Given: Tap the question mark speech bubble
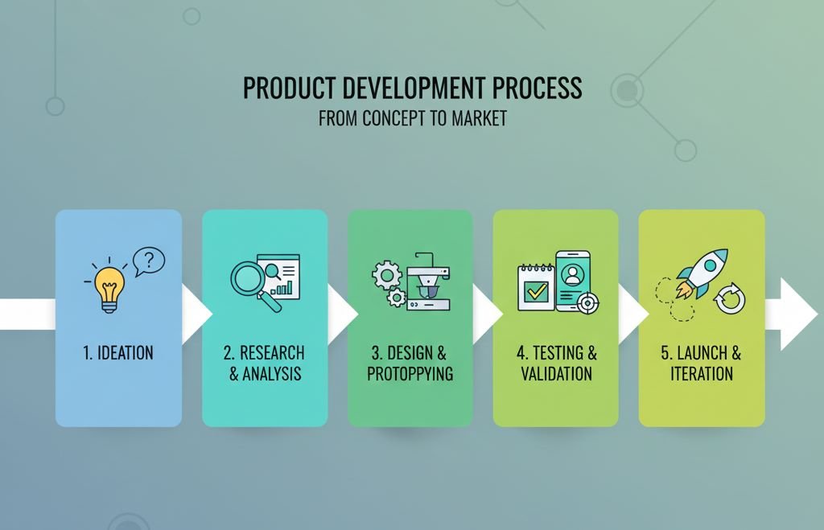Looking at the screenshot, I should pyautogui.click(x=149, y=261).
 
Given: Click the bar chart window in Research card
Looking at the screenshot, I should pyautogui.click(x=281, y=277).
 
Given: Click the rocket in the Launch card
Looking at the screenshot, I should pyautogui.click(x=702, y=273).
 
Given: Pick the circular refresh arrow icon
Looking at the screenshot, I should pyautogui.click(x=731, y=300).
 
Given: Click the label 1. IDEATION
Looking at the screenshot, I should pyautogui.click(x=118, y=353).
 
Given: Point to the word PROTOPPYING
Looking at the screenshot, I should pyautogui.click(x=410, y=374).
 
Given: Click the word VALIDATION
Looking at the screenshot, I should pyautogui.click(x=556, y=374).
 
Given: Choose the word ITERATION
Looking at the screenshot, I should pyautogui.click(x=702, y=374).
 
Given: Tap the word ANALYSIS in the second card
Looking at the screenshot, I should pyautogui.click(x=272, y=374).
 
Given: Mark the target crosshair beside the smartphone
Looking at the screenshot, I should pyautogui.click(x=589, y=303).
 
